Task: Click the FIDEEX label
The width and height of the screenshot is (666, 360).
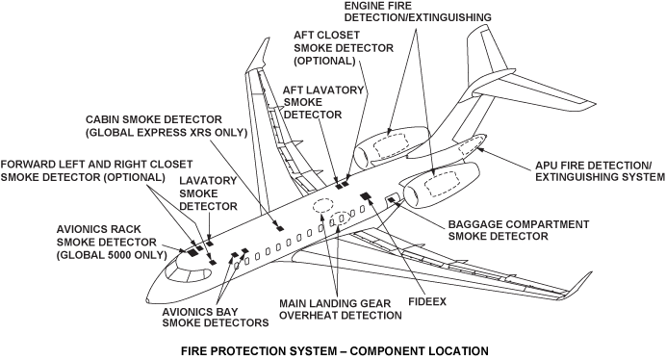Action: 427,302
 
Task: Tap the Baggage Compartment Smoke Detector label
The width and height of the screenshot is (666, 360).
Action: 519,230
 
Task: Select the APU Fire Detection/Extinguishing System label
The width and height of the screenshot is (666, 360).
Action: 600,171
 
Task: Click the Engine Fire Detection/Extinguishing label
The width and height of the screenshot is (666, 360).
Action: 418,12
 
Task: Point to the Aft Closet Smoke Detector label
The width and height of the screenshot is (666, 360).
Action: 344,48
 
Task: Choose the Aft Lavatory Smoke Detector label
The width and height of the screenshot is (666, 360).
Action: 323,102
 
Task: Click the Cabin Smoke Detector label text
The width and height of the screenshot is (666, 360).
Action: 166,126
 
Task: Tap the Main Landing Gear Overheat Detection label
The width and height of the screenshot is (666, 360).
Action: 341,309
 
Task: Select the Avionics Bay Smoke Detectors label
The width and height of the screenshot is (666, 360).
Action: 216,317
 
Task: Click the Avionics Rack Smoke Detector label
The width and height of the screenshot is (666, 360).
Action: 112,243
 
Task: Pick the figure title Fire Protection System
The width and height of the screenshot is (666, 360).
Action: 335,351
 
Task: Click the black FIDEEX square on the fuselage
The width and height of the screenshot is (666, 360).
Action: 366,195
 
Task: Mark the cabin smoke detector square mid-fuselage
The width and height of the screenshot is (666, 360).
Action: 279,228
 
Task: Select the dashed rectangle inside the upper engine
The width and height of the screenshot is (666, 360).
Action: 392,143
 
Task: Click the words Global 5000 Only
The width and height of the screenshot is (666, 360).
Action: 112,255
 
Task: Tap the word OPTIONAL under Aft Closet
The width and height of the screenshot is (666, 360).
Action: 324,61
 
